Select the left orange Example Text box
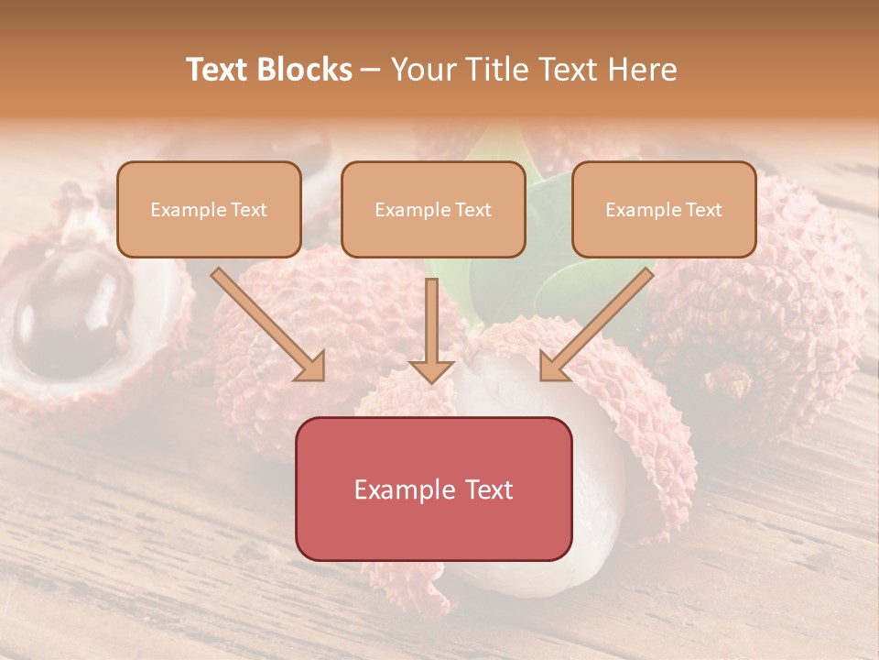(209, 209)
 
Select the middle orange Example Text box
(433, 209)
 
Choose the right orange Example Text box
(664, 209)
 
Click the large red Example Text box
(433, 489)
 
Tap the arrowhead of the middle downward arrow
(431, 370)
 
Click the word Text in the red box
(486, 489)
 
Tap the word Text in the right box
(702, 210)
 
